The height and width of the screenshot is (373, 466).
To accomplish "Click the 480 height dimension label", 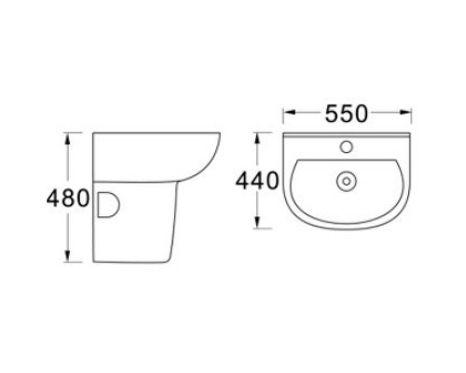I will tap(69, 199).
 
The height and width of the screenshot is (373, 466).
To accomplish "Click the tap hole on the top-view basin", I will tap(346, 146).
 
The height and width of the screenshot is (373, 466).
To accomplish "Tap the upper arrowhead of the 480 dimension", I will tap(68, 138).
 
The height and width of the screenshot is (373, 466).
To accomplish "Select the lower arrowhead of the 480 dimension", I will tap(68, 260).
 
